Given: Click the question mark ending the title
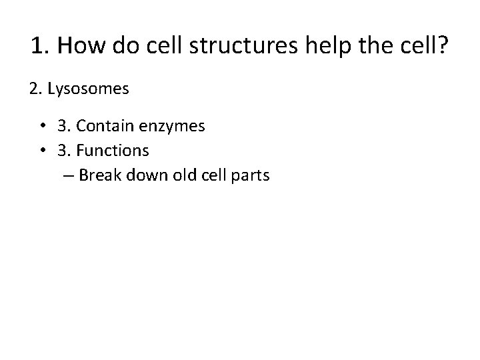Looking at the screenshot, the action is click(x=443, y=46).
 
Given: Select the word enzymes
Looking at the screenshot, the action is click(x=171, y=126).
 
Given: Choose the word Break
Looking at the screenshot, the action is click(x=97, y=175).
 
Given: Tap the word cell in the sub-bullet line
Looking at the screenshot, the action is click(x=209, y=175).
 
